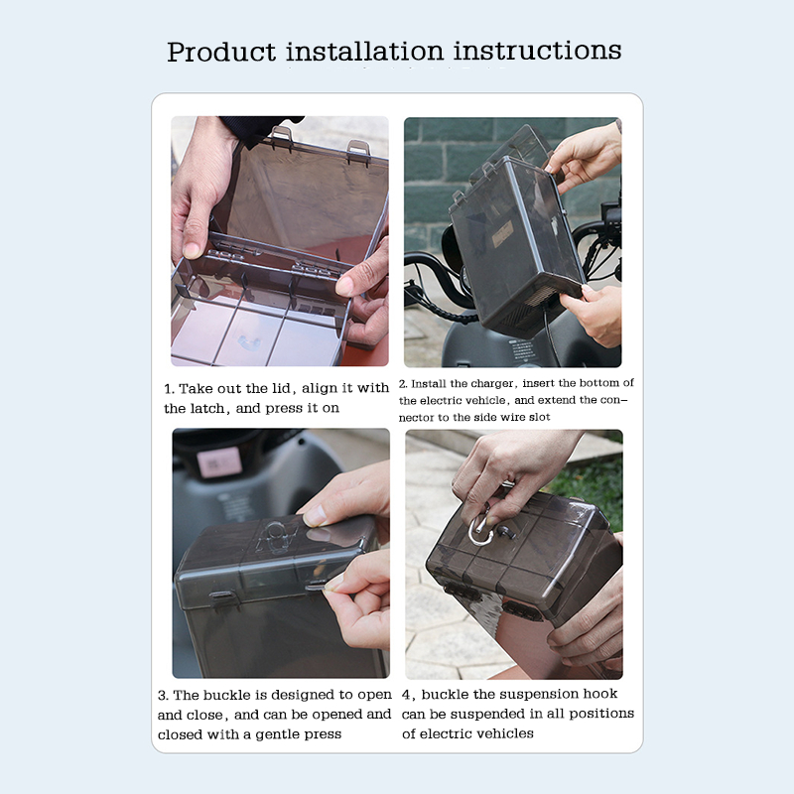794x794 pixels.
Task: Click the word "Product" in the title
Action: click(221, 52)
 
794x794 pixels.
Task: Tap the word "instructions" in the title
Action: click(537, 51)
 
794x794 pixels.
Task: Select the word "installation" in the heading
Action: click(364, 52)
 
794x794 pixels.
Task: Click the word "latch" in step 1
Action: click(208, 408)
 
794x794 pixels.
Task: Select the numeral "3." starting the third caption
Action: click(163, 696)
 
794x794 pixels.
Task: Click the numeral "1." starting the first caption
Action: click(169, 389)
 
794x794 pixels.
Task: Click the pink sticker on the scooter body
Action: click(219, 462)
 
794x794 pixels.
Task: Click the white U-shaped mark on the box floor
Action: click(249, 342)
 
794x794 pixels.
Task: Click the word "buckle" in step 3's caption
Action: click(227, 695)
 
